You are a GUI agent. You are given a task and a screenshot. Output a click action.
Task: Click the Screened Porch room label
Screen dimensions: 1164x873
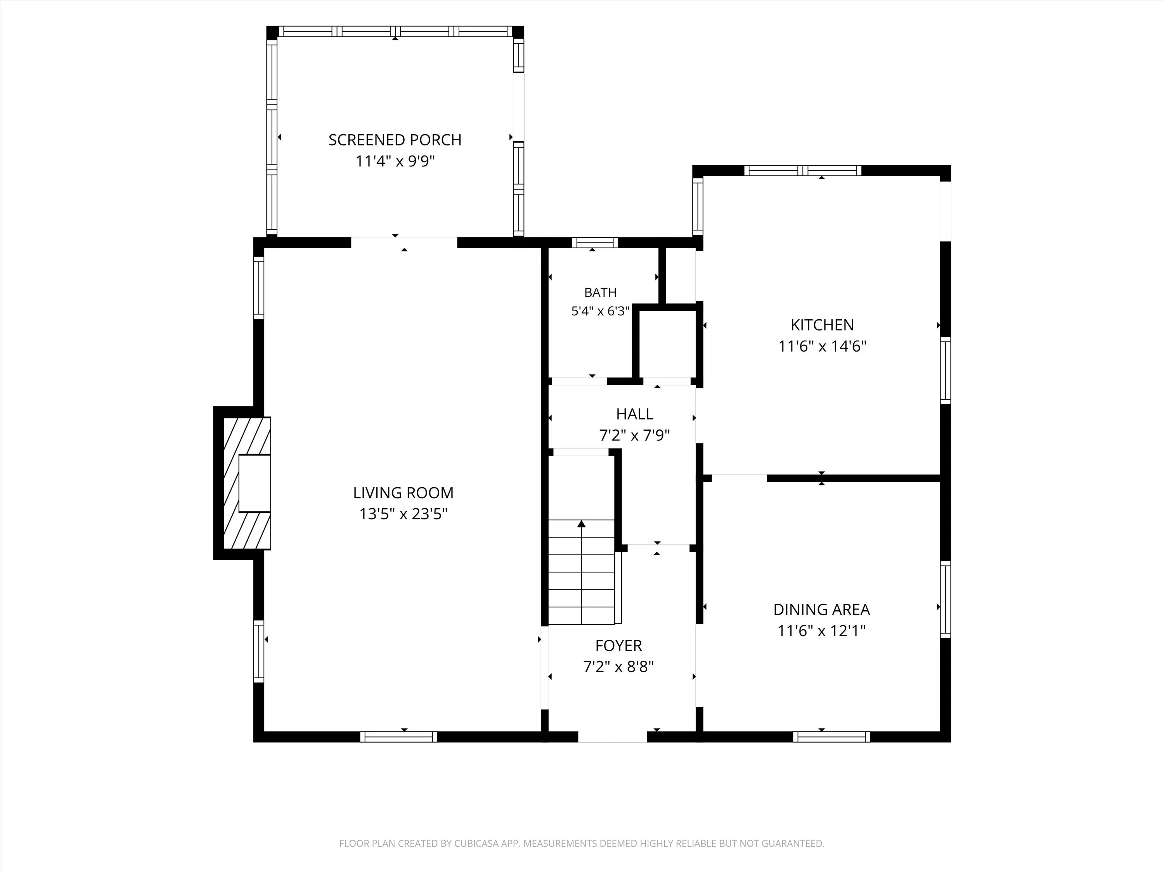pyautogui.click(x=395, y=140)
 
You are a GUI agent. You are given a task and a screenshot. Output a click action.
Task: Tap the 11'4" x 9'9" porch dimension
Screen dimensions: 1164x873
pyautogui.click(x=395, y=161)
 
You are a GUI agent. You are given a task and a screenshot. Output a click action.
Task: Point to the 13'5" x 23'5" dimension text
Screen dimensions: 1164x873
pyautogui.click(x=403, y=514)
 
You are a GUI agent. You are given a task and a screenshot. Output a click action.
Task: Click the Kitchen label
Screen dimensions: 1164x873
pyautogui.click(x=822, y=325)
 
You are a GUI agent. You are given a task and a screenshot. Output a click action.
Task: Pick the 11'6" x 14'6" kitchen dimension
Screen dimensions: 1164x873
pyautogui.click(x=822, y=346)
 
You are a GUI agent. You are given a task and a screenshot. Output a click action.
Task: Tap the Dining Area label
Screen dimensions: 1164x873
pyautogui.click(x=821, y=610)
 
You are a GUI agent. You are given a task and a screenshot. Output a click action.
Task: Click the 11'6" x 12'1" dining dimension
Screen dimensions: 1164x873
pyautogui.click(x=821, y=630)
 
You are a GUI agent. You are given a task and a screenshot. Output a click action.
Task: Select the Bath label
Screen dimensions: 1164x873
pyautogui.click(x=600, y=293)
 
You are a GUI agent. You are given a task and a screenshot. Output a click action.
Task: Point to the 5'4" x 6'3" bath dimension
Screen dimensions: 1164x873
pyautogui.click(x=600, y=311)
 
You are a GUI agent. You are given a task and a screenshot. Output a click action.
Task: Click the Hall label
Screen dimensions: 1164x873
pyautogui.click(x=635, y=414)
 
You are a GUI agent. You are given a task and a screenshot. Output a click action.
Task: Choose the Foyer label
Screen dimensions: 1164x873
pyautogui.click(x=618, y=646)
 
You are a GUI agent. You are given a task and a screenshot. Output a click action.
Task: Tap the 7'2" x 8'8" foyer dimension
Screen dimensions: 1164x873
pyautogui.click(x=618, y=667)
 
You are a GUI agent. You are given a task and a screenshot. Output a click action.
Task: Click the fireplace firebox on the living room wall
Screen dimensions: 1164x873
pyautogui.click(x=255, y=483)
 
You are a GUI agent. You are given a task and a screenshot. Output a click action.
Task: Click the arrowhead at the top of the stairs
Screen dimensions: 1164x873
pyautogui.click(x=582, y=523)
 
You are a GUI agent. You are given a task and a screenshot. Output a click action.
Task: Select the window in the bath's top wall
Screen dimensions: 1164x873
pyautogui.click(x=595, y=242)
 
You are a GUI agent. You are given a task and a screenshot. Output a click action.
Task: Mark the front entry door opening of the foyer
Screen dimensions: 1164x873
pyautogui.click(x=613, y=737)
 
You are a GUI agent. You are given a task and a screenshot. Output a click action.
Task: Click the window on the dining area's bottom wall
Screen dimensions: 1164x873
pyautogui.click(x=831, y=737)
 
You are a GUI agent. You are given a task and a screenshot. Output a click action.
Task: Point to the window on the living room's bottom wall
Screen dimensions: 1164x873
pyautogui.click(x=399, y=737)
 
